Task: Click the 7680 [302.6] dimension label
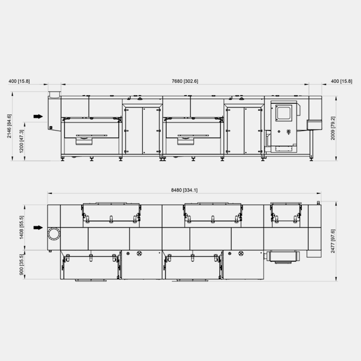tap(185, 81)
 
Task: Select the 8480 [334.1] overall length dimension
tap(184, 190)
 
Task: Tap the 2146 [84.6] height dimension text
tap(9, 126)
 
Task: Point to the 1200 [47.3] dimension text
tap(21, 141)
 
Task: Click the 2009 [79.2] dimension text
tap(333, 128)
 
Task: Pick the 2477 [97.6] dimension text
tap(333, 241)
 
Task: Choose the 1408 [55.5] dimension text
tap(21, 228)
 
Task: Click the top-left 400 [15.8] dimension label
tap(19, 81)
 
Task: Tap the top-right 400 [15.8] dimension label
tap(341, 81)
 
